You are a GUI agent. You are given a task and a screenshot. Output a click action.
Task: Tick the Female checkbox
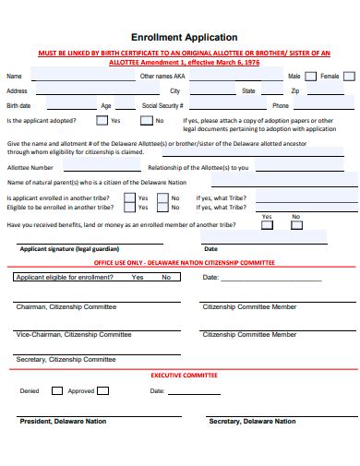pyautogui.click(x=347, y=77)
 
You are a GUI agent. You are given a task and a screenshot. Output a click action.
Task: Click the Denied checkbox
pyautogui.click(x=57, y=390)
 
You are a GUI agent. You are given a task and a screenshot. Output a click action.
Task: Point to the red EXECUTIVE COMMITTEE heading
pyautogui.click(x=184, y=376)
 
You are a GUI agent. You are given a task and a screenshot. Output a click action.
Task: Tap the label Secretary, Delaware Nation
pyautogui.click(x=252, y=422)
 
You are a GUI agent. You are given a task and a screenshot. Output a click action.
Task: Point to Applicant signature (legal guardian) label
pyautogui.click(x=66, y=248)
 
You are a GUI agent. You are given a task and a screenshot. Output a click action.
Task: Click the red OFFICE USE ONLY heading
pyautogui.click(x=184, y=263)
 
